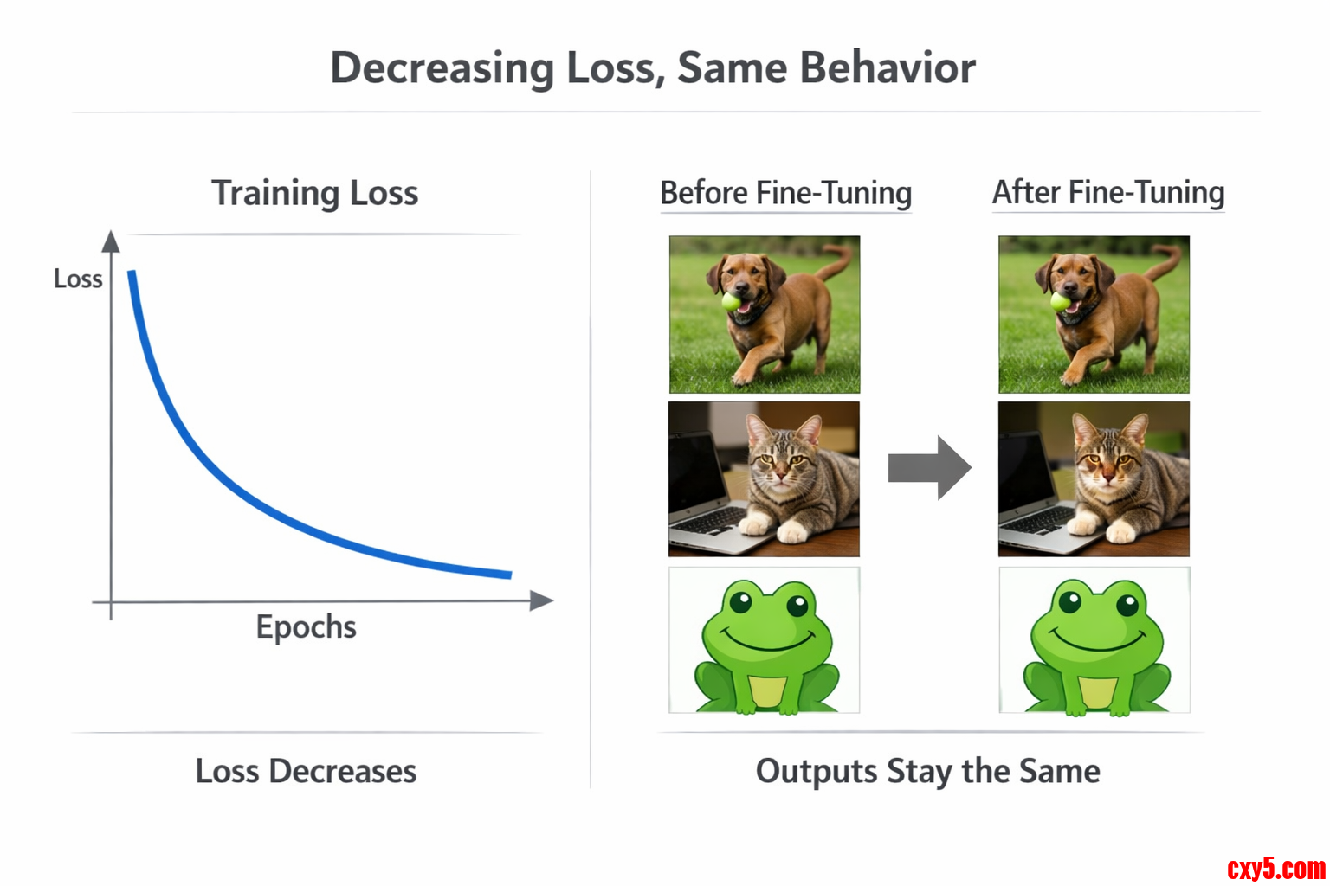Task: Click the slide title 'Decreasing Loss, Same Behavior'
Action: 653,68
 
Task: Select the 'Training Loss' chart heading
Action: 314,194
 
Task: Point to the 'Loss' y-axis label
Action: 78,279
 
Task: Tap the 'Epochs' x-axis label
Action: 306,627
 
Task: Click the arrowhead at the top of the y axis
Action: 111,241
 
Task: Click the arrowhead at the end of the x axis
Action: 541,600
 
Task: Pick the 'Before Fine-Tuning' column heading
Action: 785,193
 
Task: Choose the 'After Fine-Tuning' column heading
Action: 1108,192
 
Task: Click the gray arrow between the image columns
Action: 930,467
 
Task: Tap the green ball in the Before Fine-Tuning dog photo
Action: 732,301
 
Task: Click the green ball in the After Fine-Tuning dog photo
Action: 1061,301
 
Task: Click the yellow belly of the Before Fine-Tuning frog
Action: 768,691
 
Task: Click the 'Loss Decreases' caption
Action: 306,771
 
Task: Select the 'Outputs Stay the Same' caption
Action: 927,772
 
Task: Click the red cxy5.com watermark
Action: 1276,870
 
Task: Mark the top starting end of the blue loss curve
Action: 132,272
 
